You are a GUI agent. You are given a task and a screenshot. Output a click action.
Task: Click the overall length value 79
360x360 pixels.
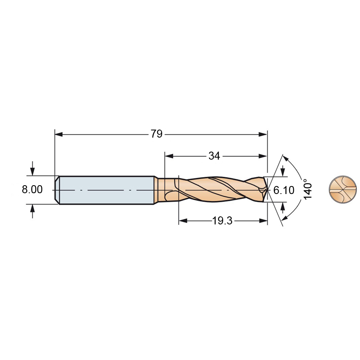(156, 134)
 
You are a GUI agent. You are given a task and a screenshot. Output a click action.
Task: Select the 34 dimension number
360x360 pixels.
(214, 156)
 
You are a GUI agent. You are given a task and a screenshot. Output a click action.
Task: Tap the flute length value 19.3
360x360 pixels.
(222, 221)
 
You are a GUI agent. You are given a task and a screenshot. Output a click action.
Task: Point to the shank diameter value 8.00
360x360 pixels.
(32, 190)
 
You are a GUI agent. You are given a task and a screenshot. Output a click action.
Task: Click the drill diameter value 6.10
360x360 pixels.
(284, 190)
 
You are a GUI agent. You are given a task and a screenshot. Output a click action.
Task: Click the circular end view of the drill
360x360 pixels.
(343, 190)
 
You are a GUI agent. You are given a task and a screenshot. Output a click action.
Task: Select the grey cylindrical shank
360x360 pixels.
(107, 190)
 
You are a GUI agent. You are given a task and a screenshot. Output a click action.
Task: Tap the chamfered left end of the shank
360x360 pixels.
(57, 190)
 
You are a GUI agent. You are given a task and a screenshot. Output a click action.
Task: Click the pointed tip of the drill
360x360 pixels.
(268, 190)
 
